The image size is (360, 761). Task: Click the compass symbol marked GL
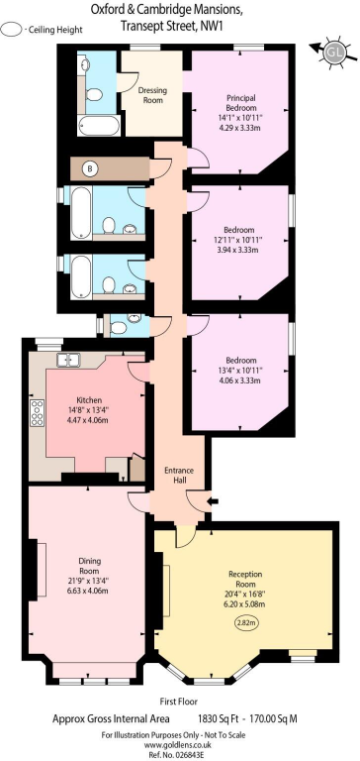point(332,51)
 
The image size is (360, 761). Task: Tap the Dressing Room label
point(153,96)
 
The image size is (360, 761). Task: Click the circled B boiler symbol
point(91,168)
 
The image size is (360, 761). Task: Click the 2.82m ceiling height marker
point(246,623)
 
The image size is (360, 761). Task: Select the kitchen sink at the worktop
point(69,360)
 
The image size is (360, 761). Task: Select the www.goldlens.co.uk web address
point(180,745)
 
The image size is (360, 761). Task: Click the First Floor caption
point(180,701)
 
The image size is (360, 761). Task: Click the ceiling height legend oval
point(12,30)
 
